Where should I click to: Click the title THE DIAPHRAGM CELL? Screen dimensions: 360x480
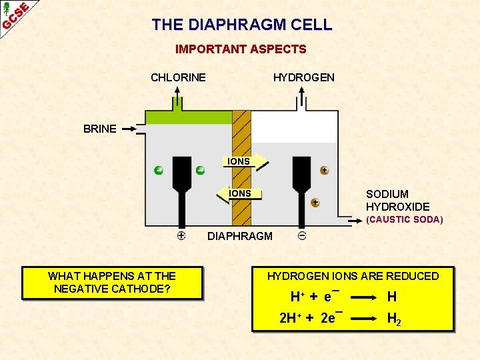coord(241,25)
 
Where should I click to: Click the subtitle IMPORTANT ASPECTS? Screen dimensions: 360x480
coord(241,49)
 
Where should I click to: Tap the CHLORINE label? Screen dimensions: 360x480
coord(178,77)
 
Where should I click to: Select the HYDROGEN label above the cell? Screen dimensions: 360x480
coord(303,77)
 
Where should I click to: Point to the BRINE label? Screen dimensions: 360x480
coord(100,129)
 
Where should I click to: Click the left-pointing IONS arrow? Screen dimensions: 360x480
coord(240,194)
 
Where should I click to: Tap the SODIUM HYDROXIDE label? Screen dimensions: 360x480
coord(397,201)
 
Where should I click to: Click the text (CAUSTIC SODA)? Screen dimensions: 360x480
coord(404,219)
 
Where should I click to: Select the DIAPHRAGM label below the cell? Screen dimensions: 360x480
coord(240,236)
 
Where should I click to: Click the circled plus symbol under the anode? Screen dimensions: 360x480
coord(181,235)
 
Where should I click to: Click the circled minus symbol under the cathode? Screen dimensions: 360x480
coord(302,235)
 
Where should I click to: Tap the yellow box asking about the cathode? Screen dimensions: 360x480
coord(112,283)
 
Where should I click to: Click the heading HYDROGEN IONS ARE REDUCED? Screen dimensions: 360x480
coord(353,276)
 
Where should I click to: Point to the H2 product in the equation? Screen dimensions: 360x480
coord(394,319)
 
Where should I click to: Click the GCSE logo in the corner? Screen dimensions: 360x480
coord(15,15)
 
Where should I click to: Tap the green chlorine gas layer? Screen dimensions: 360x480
coord(189,117)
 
